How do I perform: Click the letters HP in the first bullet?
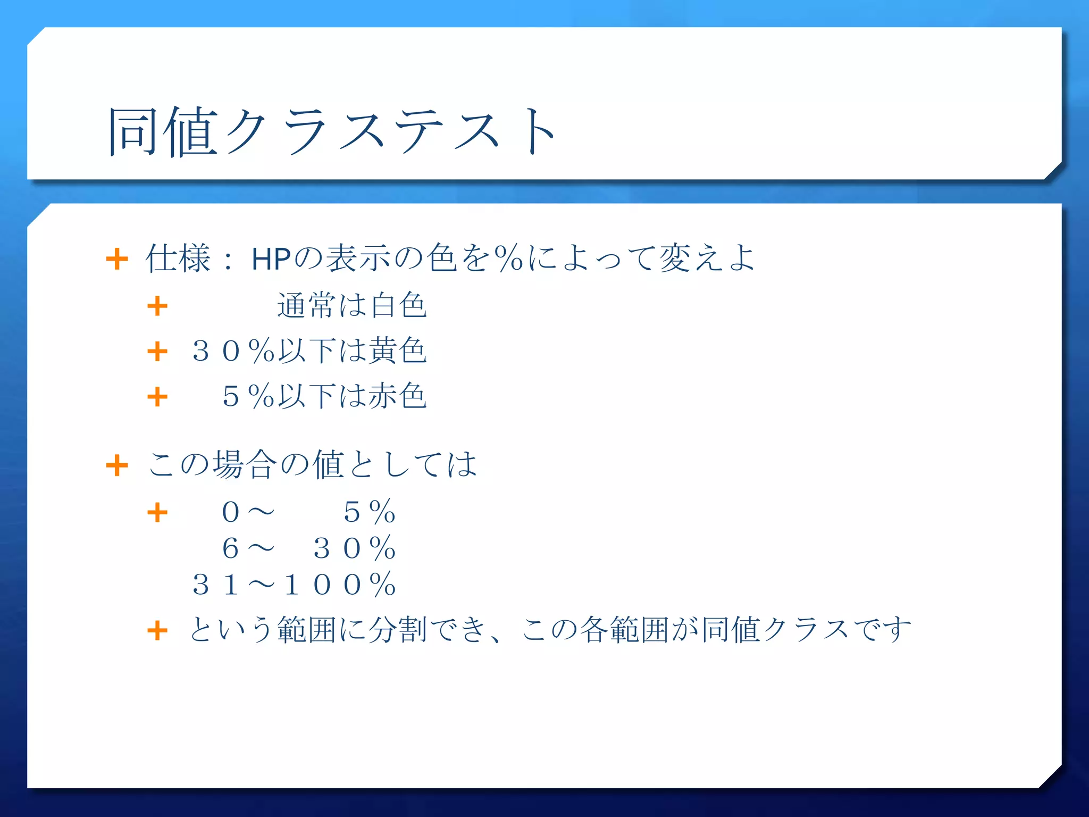271,259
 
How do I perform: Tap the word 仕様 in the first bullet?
178,259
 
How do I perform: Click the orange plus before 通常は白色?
157,306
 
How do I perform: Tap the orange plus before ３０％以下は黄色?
157,352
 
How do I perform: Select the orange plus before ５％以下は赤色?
157,397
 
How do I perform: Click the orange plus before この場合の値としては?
117,466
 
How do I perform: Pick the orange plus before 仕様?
117,260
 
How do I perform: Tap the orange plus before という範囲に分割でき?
157,631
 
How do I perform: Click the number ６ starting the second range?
230,548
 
